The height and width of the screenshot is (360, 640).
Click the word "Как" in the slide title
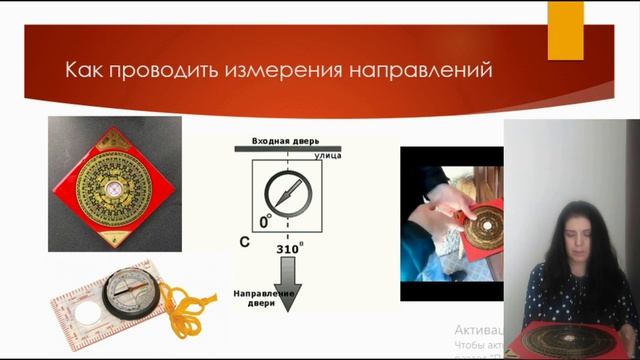(81, 71)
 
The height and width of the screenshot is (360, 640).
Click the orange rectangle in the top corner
(566, 29)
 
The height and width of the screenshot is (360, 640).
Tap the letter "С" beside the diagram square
(243, 241)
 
